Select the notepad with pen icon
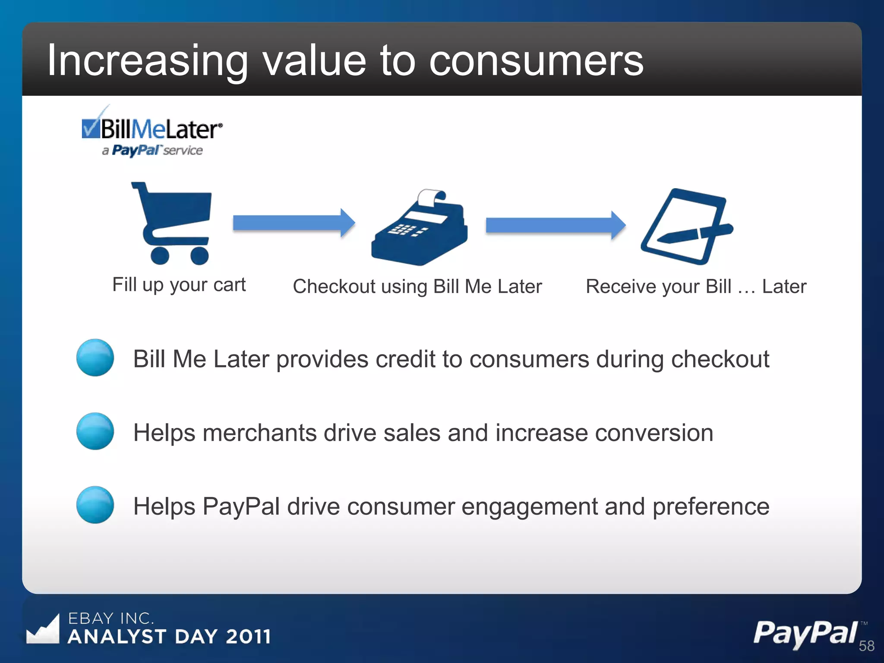click(686, 227)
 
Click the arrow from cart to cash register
click(294, 223)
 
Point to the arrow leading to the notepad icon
click(555, 225)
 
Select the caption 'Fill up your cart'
click(179, 285)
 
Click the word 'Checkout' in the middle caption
click(334, 287)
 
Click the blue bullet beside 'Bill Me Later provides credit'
click(95, 357)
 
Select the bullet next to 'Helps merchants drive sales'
click(95, 431)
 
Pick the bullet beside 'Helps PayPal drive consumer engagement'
click(95, 505)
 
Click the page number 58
click(866, 646)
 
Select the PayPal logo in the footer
click(805, 633)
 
